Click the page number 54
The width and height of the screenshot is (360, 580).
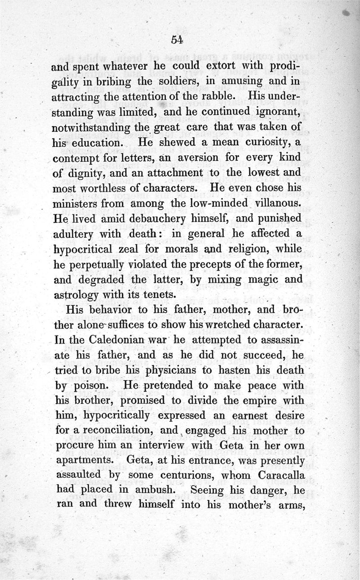[176, 40]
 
